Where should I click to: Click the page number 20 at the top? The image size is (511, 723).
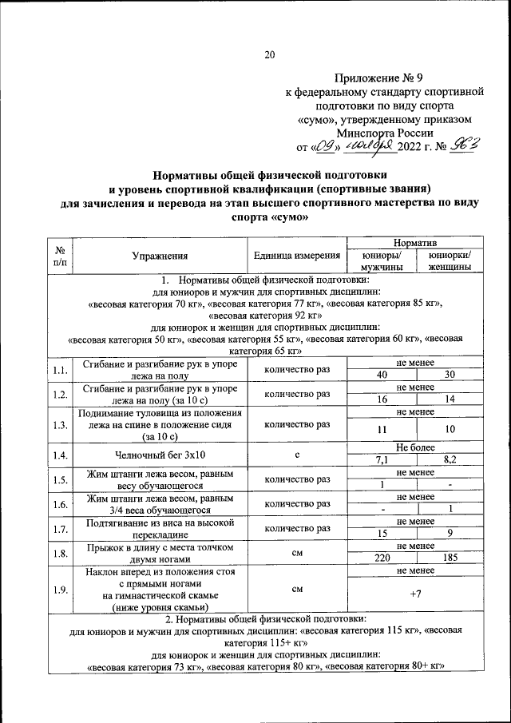tap(269, 54)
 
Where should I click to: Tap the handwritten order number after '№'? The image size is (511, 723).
tap(464, 146)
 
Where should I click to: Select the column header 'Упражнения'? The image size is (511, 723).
tap(160, 256)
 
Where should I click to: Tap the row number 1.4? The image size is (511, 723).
tap(61, 455)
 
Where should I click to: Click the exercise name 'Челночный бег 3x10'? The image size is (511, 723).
tap(160, 455)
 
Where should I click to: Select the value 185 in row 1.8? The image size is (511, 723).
tap(452, 558)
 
